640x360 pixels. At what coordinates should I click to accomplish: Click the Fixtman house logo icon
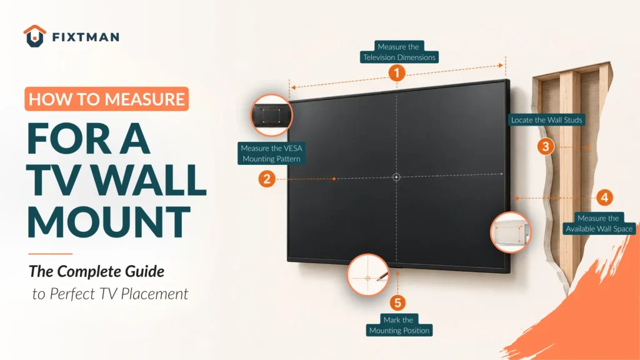[x=35, y=36]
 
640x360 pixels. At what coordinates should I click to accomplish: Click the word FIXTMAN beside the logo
[x=86, y=37]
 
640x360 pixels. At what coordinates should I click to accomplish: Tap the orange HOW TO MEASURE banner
[x=106, y=99]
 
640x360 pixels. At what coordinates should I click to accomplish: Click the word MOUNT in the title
[x=109, y=222]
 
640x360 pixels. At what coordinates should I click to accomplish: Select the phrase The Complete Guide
[x=96, y=271]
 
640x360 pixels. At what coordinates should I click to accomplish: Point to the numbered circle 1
[x=397, y=74]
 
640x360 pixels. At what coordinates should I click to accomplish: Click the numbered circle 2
[x=267, y=179]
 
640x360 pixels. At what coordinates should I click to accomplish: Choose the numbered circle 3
[x=546, y=146]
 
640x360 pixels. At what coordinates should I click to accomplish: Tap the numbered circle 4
[x=604, y=197]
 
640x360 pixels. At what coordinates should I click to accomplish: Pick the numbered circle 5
[x=397, y=303]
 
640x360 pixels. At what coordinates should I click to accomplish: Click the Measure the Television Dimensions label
[x=399, y=52]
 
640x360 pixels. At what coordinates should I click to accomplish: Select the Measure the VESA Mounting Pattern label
[x=271, y=154]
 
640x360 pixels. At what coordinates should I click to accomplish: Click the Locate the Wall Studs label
[x=546, y=119]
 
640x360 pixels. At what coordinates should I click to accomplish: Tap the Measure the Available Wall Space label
[x=599, y=223]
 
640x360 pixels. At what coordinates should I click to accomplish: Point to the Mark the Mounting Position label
[x=399, y=325]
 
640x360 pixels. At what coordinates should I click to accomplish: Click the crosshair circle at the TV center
[x=396, y=177]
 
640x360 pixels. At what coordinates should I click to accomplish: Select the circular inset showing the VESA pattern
[x=271, y=116]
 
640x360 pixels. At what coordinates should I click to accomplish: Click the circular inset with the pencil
[x=367, y=275]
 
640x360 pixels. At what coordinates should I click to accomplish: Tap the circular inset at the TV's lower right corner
[x=511, y=232]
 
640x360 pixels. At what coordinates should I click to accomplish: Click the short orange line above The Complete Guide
[x=50, y=254]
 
